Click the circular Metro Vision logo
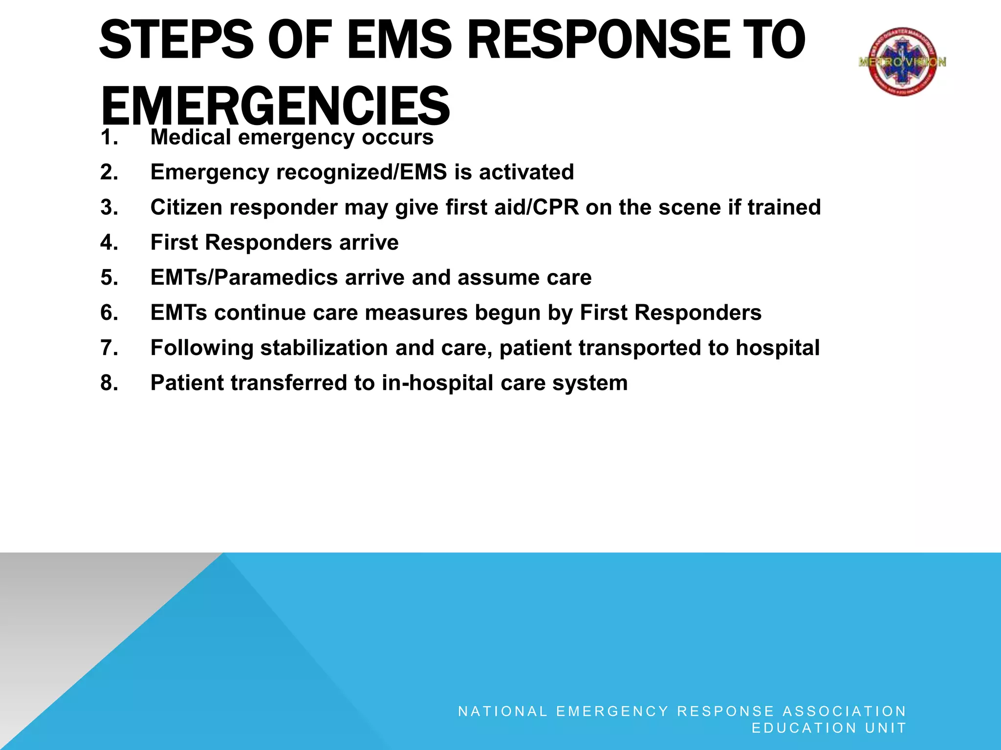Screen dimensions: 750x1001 point(902,62)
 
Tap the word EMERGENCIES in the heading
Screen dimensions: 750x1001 point(275,106)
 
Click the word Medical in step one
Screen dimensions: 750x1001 point(191,137)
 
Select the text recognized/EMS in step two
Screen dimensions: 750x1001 point(361,172)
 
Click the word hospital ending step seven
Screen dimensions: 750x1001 point(777,348)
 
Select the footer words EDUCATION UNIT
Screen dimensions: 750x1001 point(829,728)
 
